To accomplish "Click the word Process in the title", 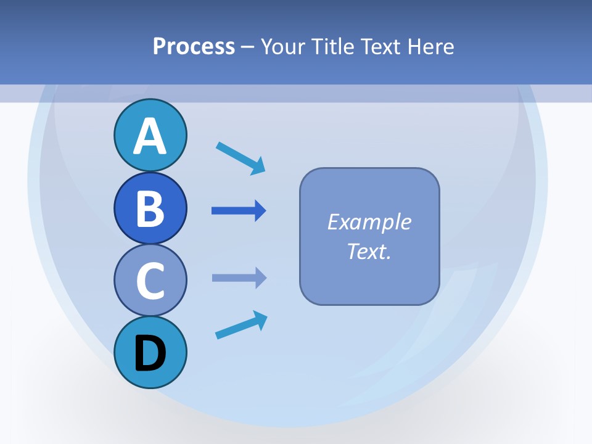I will [x=194, y=46].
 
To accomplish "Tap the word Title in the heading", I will [x=332, y=46].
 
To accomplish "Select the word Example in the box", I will [x=369, y=222].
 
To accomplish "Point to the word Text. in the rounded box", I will [x=369, y=251].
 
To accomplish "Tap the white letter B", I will [x=150, y=208].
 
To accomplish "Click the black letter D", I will [x=150, y=353].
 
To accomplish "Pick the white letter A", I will [x=150, y=136].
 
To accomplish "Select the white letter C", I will [x=150, y=281].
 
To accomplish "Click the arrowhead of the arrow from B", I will [x=260, y=211].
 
